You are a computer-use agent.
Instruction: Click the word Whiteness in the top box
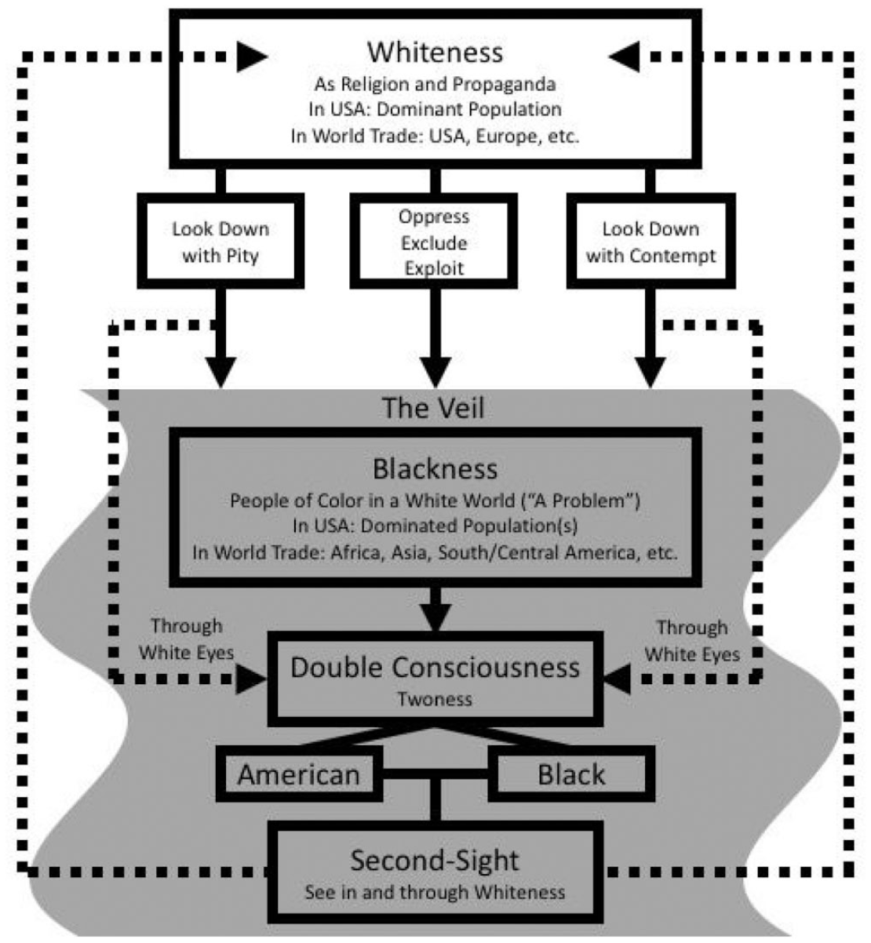(435, 52)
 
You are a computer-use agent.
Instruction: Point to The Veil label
(433, 407)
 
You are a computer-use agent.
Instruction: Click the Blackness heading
(435, 468)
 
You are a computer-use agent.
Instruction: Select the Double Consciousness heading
(435, 667)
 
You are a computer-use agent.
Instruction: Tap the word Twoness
(435, 699)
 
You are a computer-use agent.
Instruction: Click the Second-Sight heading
(435, 860)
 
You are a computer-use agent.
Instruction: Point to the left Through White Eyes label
(187, 639)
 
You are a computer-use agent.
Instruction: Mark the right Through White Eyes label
(692, 640)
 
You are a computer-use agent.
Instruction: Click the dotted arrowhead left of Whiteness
(252, 56)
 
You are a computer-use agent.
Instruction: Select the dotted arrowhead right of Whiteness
(625, 56)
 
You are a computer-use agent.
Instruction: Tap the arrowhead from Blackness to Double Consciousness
(435, 617)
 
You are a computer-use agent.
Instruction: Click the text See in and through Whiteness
(435, 892)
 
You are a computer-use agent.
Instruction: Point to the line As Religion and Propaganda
(435, 85)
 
